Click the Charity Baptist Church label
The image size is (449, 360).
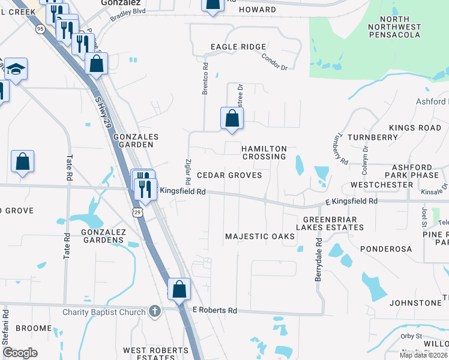pyautogui.click(x=104, y=312)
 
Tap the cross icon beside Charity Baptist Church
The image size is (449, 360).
pyautogui.click(x=154, y=311)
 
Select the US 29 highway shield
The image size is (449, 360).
pyautogui.click(x=137, y=213)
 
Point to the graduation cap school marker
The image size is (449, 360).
pyautogui.click(x=16, y=70)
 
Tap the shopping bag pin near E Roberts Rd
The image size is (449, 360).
pyautogui.click(x=179, y=290)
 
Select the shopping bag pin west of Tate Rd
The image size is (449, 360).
pyautogui.click(x=22, y=161)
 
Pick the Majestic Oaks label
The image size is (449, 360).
pyautogui.click(x=260, y=236)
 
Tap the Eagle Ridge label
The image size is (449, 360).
pyautogui.click(x=238, y=47)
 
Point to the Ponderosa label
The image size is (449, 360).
pyautogui.click(x=386, y=248)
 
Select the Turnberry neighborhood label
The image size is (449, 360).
pyautogui.click(x=376, y=137)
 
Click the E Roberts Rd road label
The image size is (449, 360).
pyautogui.click(x=215, y=310)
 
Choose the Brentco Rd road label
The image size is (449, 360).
pyautogui.click(x=205, y=79)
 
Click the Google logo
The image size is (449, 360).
pyautogui.click(x=20, y=353)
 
